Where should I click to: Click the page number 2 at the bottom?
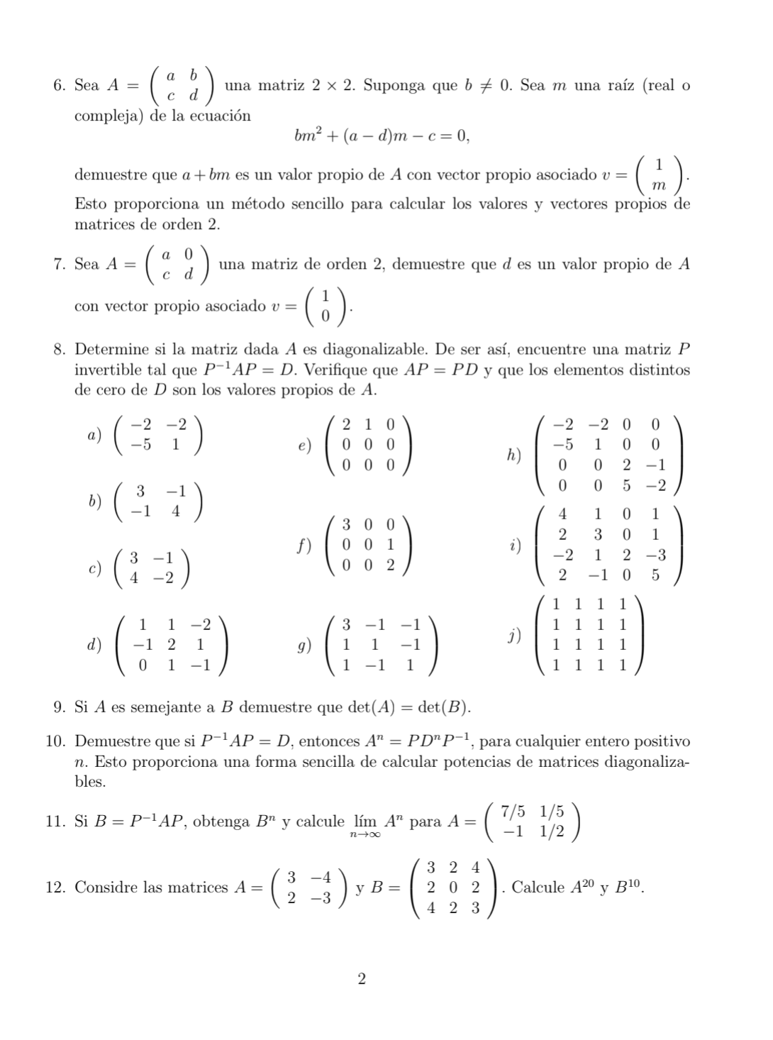(x=362, y=980)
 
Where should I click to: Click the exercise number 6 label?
(x=60, y=86)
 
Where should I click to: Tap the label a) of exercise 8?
(x=93, y=434)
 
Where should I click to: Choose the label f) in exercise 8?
(x=303, y=546)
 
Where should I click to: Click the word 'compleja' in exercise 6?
(x=102, y=116)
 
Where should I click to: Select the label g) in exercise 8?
(x=304, y=646)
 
